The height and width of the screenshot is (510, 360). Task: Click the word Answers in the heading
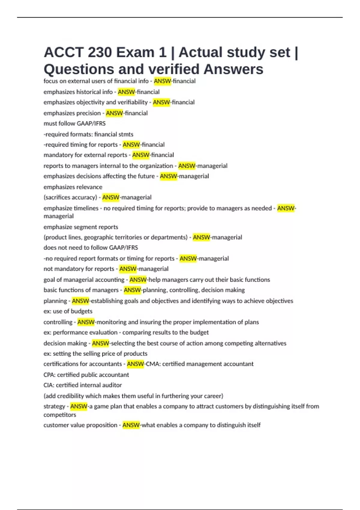click(x=233, y=69)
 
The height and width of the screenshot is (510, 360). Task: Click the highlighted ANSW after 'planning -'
click(x=80, y=301)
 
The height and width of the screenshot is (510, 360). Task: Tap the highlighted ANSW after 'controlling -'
click(x=86, y=322)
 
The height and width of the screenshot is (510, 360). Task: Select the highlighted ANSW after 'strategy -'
click(x=79, y=406)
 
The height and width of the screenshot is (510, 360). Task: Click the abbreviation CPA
click(x=49, y=375)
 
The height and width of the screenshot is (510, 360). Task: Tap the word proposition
click(x=101, y=425)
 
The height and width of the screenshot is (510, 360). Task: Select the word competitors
click(x=60, y=415)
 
